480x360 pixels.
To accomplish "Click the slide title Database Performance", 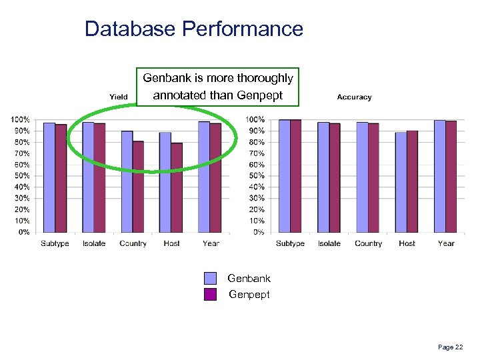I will click(x=194, y=29).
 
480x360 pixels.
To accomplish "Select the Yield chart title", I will click(x=119, y=97).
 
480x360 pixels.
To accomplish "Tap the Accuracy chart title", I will click(x=354, y=97).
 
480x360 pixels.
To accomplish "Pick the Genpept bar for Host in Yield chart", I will click(x=177, y=187).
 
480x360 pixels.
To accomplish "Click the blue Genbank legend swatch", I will click(x=211, y=279).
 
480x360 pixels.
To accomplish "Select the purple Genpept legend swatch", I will click(x=211, y=295).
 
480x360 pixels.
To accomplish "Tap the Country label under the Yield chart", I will click(x=133, y=244).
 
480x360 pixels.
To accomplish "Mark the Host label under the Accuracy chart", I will click(x=407, y=244).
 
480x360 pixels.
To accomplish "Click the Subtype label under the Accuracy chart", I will click(x=290, y=244).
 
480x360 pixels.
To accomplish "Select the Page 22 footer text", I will click(x=450, y=347).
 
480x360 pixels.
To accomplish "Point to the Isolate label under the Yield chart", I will click(x=94, y=244).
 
